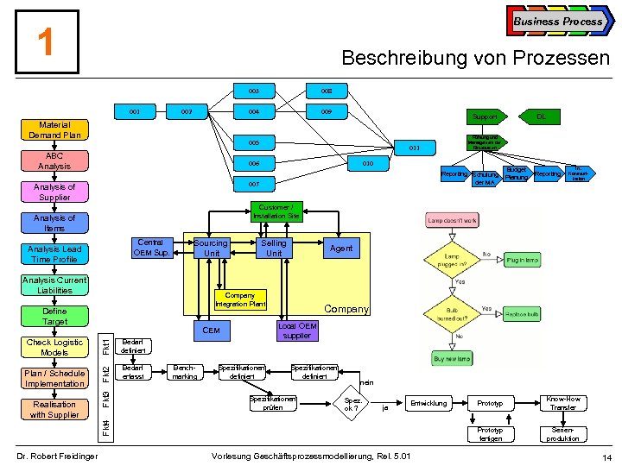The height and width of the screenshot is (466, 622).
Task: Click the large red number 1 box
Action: tap(47, 41)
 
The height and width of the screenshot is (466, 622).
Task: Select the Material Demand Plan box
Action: tap(54, 129)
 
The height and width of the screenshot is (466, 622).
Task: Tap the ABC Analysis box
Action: tap(54, 161)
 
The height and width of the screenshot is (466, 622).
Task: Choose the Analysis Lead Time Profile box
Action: tap(54, 254)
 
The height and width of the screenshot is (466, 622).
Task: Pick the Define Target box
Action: tap(54, 316)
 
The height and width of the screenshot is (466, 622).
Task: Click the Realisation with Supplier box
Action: tap(54, 409)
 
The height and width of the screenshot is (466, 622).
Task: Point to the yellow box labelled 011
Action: tap(415, 148)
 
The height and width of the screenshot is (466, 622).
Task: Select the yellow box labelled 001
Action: tap(136, 111)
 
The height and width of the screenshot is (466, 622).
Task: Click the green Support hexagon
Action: tap(485, 115)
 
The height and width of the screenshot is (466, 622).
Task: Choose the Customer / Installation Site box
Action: tap(276, 211)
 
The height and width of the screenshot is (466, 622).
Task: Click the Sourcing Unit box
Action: tap(211, 249)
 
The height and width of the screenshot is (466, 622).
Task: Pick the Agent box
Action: tap(341, 249)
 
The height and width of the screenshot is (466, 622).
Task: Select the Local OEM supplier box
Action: tap(296, 331)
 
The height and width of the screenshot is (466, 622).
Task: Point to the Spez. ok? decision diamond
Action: tap(352, 404)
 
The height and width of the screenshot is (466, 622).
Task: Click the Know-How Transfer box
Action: tap(563, 403)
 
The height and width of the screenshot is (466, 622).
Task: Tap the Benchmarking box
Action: tap(184, 372)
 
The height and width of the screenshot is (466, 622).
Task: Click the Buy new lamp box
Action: tap(453, 357)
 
